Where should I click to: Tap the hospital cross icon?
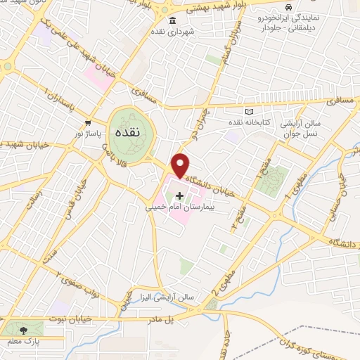[180, 195]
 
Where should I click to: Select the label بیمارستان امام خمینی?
[179, 208]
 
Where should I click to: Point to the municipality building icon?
[172, 20]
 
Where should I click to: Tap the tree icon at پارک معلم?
[25, 329]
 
